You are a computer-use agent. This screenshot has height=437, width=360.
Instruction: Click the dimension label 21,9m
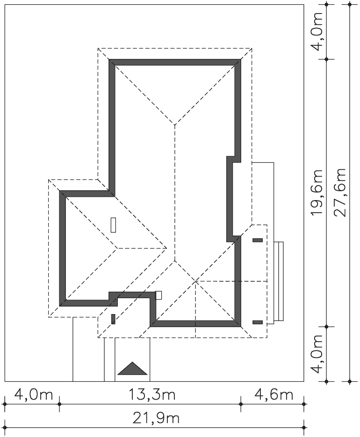pyautogui.click(x=156, y=418)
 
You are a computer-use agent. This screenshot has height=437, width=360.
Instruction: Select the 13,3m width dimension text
pyautogui.click(x=151, y=395)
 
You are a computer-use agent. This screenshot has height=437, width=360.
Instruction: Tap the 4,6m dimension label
pyautogui.click(x=274, y=395)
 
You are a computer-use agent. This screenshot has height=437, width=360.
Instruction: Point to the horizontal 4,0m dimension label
pyautogui.click(x=34, y=395)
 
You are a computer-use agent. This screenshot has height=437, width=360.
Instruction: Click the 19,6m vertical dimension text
pyautogui.click(x=317, y=193)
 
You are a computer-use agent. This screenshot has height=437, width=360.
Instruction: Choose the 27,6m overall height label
pyautogui.click(x=340, y=193)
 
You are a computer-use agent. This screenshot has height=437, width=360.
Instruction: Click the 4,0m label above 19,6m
pyautogui.click(x=317, y=31)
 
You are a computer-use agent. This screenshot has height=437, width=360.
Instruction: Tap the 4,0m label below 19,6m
pyautogui.click(x=317, y=354)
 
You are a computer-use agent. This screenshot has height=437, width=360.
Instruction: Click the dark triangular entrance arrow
pyautogui.click(x=132, y=368)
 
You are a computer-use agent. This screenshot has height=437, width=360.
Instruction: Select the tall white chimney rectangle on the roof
pyautogui.click(x=113, y=225)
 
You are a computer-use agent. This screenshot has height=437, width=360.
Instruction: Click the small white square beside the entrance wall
pyautogui.click(x=158, y=295)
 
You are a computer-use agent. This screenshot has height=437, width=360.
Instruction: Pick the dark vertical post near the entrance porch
pyautogui.click(x=113, y=319)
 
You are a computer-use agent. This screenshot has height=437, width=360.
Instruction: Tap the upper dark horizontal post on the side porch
pyautogui.click(x=258, y=240)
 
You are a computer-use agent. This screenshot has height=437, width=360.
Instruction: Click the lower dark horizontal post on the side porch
pyautogui.click(x=258, y=322)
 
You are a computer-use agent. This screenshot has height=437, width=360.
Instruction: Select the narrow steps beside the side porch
pyautogui.click(x=278, y=281)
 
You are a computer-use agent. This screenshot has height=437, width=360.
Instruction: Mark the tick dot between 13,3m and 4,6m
pyautogui.click(x=241, y=404)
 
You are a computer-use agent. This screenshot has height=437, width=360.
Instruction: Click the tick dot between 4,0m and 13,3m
pyautogui.click(x=59, y=404)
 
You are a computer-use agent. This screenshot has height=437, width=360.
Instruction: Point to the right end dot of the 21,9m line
pyautogui.click(x=304, y=427)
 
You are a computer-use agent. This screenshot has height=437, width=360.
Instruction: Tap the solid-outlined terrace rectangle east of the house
pyautogui.click(x=263, y=193)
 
